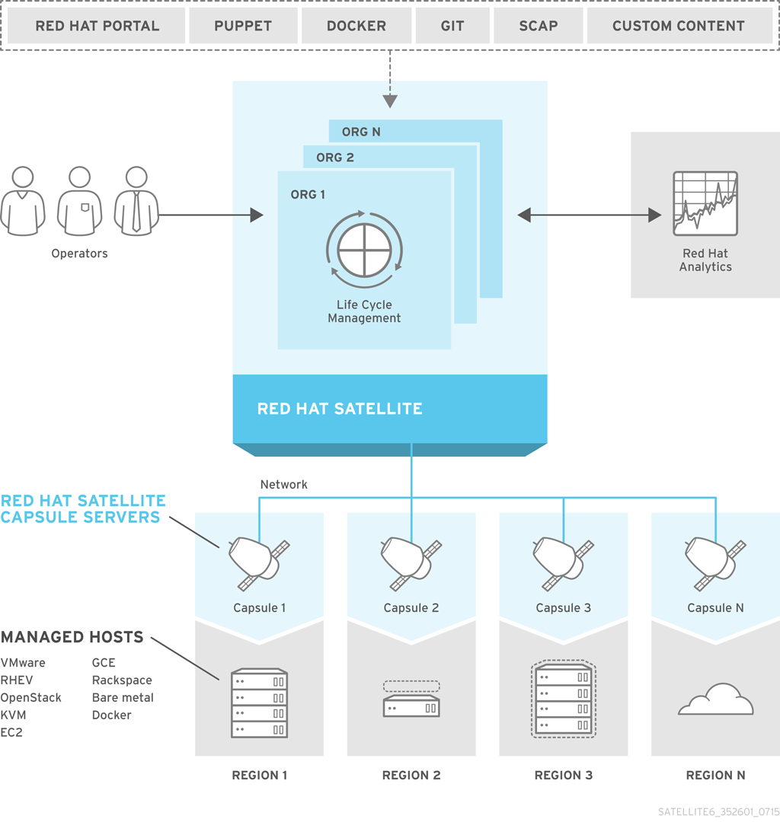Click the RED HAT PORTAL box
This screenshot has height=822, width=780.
[x=97, y=26]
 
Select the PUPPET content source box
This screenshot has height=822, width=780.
[x=243, y=26]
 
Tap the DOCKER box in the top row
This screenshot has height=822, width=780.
[x=356, y=26]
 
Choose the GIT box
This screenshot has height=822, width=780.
[x=452, y=26]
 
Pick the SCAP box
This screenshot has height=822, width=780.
[x=539, y=26]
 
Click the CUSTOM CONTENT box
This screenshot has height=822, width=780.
[x=678, y=26]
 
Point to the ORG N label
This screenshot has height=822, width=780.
[x=361, y=132]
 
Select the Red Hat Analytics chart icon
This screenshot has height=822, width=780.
[x=705, y=203]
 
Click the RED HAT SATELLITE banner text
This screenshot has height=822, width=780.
[x=340, y=409]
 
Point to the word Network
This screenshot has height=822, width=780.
[x=284, y=484]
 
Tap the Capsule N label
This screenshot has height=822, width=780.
[x=715, y=608]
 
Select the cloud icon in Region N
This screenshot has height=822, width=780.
[x=715, y=700]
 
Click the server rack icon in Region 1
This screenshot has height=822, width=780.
[x=259, y=703]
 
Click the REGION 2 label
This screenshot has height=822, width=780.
[x=411, y=776]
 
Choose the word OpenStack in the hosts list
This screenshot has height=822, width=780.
[x=30, y=698]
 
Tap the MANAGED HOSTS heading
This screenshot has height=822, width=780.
[x=72, y=637]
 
